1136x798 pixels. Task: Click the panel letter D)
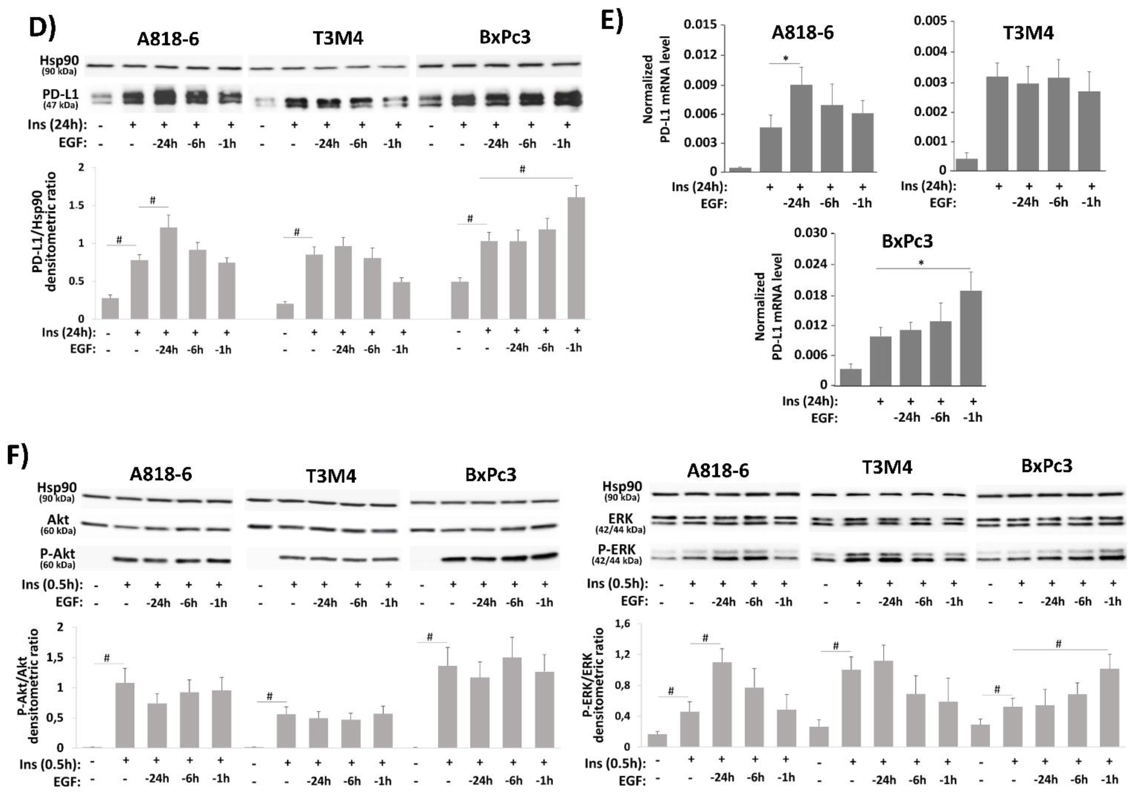[x=42, y=27]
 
